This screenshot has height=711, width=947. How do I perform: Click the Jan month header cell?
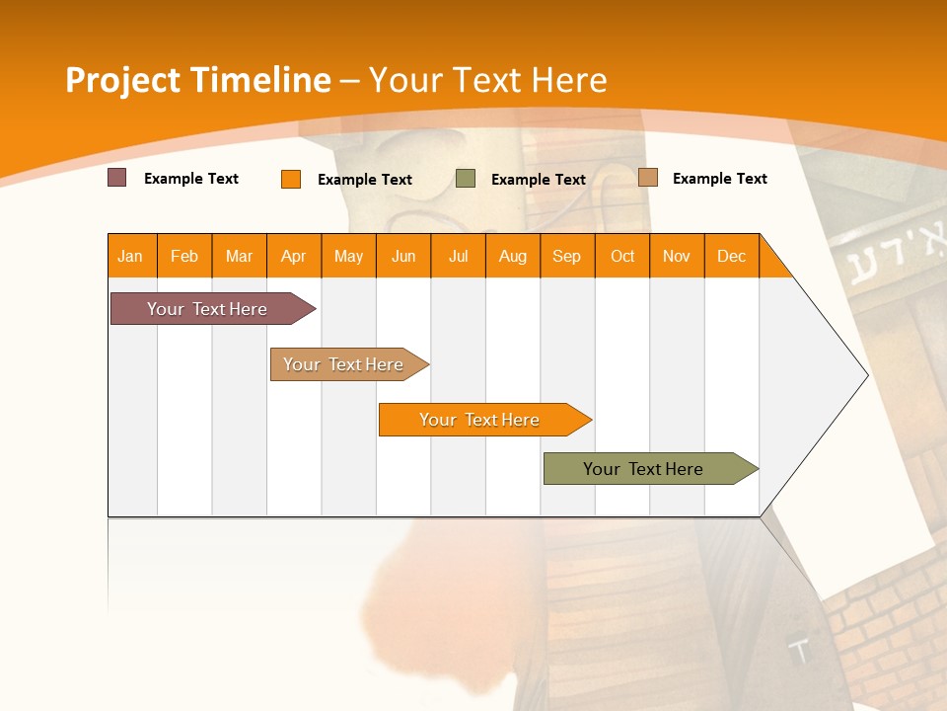tap(131, 256)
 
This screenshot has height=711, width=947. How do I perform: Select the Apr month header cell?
tap(294, 256)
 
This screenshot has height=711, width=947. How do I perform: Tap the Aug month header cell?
tap(513, 256)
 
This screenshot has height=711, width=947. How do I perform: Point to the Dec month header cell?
tap(732, 256)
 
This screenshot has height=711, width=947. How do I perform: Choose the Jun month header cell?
tap(403, 256)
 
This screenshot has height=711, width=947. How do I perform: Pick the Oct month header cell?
tap(622, 256)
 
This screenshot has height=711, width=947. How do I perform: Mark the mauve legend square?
tap(117, 178)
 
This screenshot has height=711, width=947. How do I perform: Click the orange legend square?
tap(291, 179)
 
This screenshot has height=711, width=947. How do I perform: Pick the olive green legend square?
tap(466, 179)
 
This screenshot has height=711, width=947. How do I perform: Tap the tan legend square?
tap(648, 178)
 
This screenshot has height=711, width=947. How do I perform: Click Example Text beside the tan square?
tap(719, 179)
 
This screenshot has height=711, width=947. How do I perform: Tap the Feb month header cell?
tap(184, 256)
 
